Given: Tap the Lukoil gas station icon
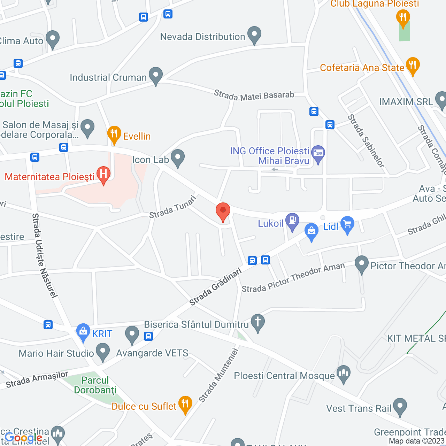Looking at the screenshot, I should pyautogui.click(x=292, y=221).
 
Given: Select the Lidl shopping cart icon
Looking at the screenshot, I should pyautogui.click(x=347, y=224).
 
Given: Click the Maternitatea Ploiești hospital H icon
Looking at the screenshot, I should pyautogui.click(x=103, y=174).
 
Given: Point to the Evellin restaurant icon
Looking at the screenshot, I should pyautogui.click(x=114, y=134).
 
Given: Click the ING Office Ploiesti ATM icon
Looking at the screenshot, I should pyautogui.click(x=318, y=153).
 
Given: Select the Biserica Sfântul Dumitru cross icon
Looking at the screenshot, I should pyautogui.click(x=258, y=322).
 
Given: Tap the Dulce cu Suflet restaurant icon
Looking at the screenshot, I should pyautogui.click(x=185, y=404).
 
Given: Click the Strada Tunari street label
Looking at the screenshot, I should pyautogui.click(x=173, y=207).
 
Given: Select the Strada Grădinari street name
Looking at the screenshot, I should pyautogui.click(x=215, y=286).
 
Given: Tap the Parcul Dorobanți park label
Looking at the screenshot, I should pyautogui.click(x=95, y=385).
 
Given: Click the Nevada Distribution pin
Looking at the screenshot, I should pyautogui.click(x=254, y=34).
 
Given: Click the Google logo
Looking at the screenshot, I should pyautogui.click(x=23, y=438).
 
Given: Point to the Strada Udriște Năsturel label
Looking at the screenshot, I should pyautogui.click(x=44, y=256).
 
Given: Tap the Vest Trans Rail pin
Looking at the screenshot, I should pyautogui.click(x=400, y=406).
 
